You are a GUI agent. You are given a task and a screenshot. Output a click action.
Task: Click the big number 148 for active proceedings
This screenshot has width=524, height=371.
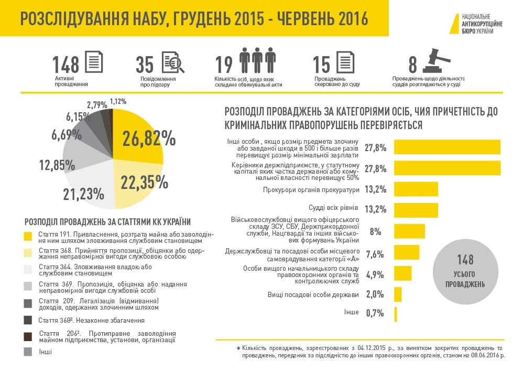(x=66, y=65)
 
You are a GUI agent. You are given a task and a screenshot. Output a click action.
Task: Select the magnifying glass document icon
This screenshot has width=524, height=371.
(x=172, y=62)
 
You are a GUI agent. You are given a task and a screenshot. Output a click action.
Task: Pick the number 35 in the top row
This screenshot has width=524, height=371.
(x=145, y=65)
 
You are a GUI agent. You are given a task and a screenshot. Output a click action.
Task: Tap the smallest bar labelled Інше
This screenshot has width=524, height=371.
(x=396, y=314)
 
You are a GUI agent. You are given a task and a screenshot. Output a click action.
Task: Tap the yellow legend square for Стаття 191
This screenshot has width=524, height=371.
(x=29, y=235)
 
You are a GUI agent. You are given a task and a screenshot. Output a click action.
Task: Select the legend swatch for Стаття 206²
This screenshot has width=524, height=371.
(x=29, y=336)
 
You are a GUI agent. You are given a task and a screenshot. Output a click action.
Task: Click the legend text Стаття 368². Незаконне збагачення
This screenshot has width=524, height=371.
(x=91, y=320)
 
